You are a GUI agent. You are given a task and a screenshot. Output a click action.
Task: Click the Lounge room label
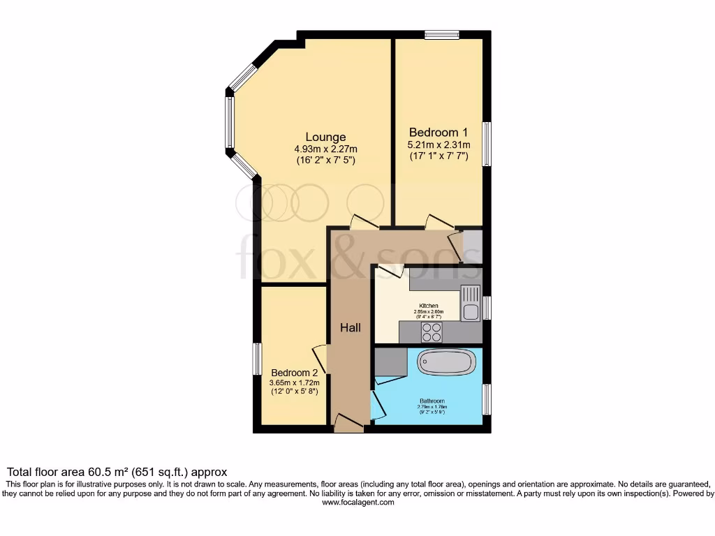tap(325, 137)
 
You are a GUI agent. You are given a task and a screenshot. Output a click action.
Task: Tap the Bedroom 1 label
tap(438, 132)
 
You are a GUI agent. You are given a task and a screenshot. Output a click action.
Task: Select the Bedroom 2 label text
tap(295, 372)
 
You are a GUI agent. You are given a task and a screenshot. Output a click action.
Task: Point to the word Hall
tap(351, 327)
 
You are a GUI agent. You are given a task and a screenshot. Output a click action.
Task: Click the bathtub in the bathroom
tap(447, 362)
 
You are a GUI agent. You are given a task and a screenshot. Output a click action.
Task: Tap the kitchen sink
tap(470, 303)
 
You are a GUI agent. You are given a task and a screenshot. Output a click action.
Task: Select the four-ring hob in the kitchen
tap(432, 332)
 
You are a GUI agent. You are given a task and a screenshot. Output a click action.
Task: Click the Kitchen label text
tap(428, 306)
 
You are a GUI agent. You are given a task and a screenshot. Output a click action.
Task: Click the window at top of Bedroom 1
tap(442, 35)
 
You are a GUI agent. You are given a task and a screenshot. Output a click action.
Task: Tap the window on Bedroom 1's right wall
tap(487, 144)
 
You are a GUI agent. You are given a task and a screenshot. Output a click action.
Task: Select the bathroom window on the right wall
tap(487, 399)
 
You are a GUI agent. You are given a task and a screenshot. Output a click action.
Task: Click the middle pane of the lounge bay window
tap(229, 122)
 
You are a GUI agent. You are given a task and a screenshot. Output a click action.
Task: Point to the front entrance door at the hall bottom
tap(348, 423)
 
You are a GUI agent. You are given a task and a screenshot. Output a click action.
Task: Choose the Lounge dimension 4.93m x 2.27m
tap(325, 149)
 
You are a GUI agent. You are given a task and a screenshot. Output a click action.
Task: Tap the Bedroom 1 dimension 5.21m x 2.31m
tap(438, 144)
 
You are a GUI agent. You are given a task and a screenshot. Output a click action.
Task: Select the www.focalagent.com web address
tap(357, 502)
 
